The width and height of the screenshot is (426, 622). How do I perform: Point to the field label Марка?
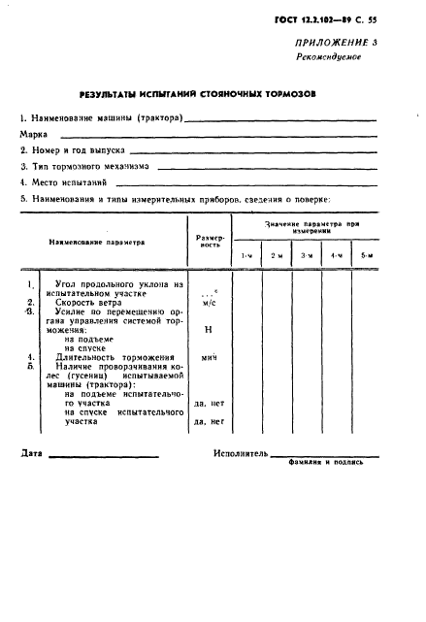pyautogui.click(x=35, y=134)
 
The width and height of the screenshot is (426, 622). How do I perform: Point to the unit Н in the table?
pyautogui.click(x=209, y=330)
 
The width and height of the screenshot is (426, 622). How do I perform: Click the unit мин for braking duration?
pyautogui.click(x=209, y=358)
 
